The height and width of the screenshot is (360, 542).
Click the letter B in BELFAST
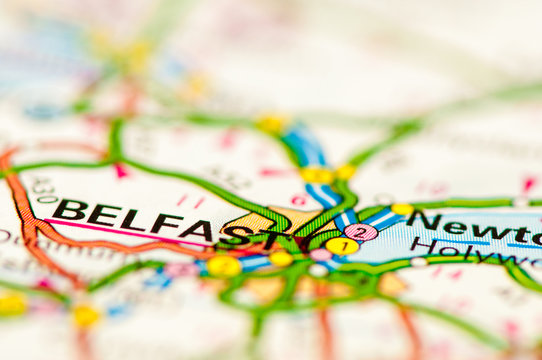[x=70, y=211]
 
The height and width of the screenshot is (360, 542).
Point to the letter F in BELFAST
[x=164, y=225]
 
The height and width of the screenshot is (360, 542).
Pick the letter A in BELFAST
[x=199, y=230]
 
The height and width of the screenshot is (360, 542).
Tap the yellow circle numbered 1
[x=342, y=245]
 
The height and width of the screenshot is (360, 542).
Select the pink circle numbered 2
[x=361, y=232]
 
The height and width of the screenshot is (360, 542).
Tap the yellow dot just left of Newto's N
[x=402, y=210]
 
